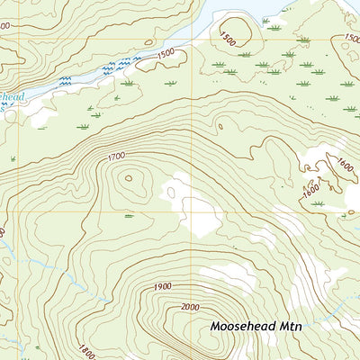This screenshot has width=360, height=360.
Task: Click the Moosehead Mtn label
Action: click(255, 326)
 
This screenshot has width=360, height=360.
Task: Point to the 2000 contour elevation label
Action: click(187, 307)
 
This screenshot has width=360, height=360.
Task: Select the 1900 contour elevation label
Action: click(162, 286)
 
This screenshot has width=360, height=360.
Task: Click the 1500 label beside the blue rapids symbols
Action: click(165, 53)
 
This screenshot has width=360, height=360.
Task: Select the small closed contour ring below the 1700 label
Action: click(128, 177)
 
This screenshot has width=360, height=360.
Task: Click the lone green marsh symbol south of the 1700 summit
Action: click(130, 216)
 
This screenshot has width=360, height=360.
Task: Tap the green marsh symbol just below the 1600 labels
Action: click(318, 204)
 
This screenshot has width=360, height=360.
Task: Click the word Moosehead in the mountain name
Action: click(241, 326)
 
